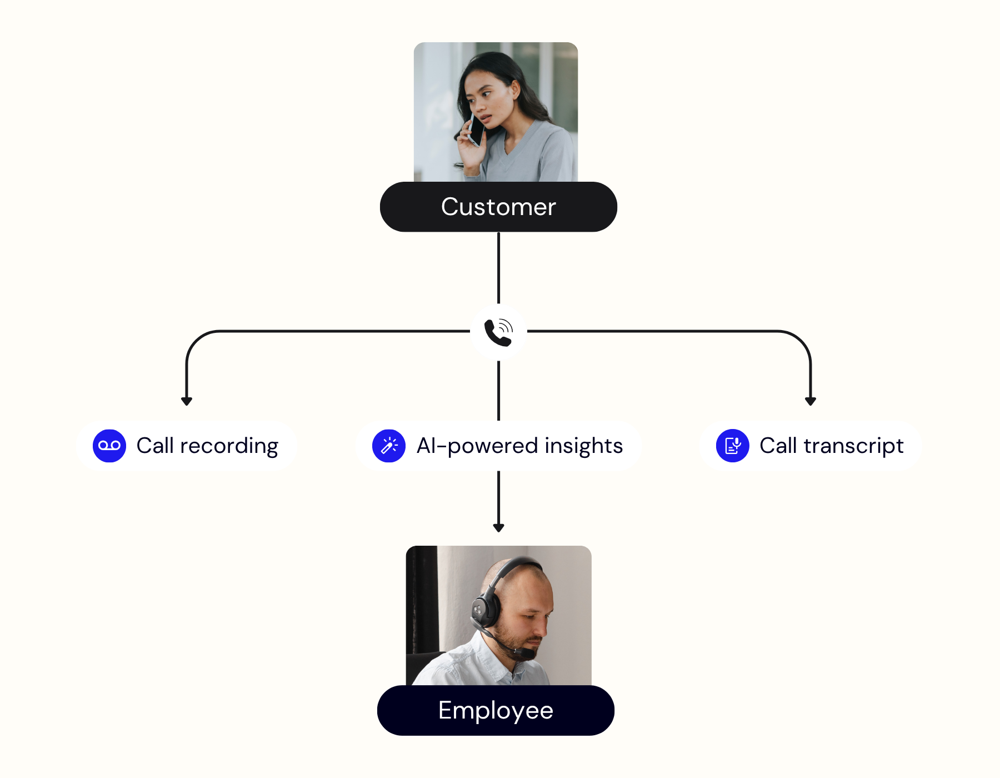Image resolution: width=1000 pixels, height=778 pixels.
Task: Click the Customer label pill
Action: (x=498, y=207)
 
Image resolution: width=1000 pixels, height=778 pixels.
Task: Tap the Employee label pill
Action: (x=496, y=710)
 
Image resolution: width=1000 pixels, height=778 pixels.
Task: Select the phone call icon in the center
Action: (x=498, y=332)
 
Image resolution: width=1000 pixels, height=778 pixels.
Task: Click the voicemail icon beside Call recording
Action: (x=109, y=446)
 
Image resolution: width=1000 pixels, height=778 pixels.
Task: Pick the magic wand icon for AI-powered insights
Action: (x=389, y=446)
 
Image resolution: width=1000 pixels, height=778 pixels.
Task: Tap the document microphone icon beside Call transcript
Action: (x=733, y=446)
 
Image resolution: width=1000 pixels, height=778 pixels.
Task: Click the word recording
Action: (x=229, y=446)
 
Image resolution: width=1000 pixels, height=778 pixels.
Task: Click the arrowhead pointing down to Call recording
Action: (x=187, y=401)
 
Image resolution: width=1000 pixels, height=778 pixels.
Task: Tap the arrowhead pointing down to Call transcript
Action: (x=811, y=401)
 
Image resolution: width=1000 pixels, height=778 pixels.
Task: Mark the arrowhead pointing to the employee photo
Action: (x=498, y=527)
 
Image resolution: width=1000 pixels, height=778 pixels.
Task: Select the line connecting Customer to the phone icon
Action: (x=498, y=267)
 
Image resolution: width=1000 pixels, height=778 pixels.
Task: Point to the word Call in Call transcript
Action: (x=778, y=446)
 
